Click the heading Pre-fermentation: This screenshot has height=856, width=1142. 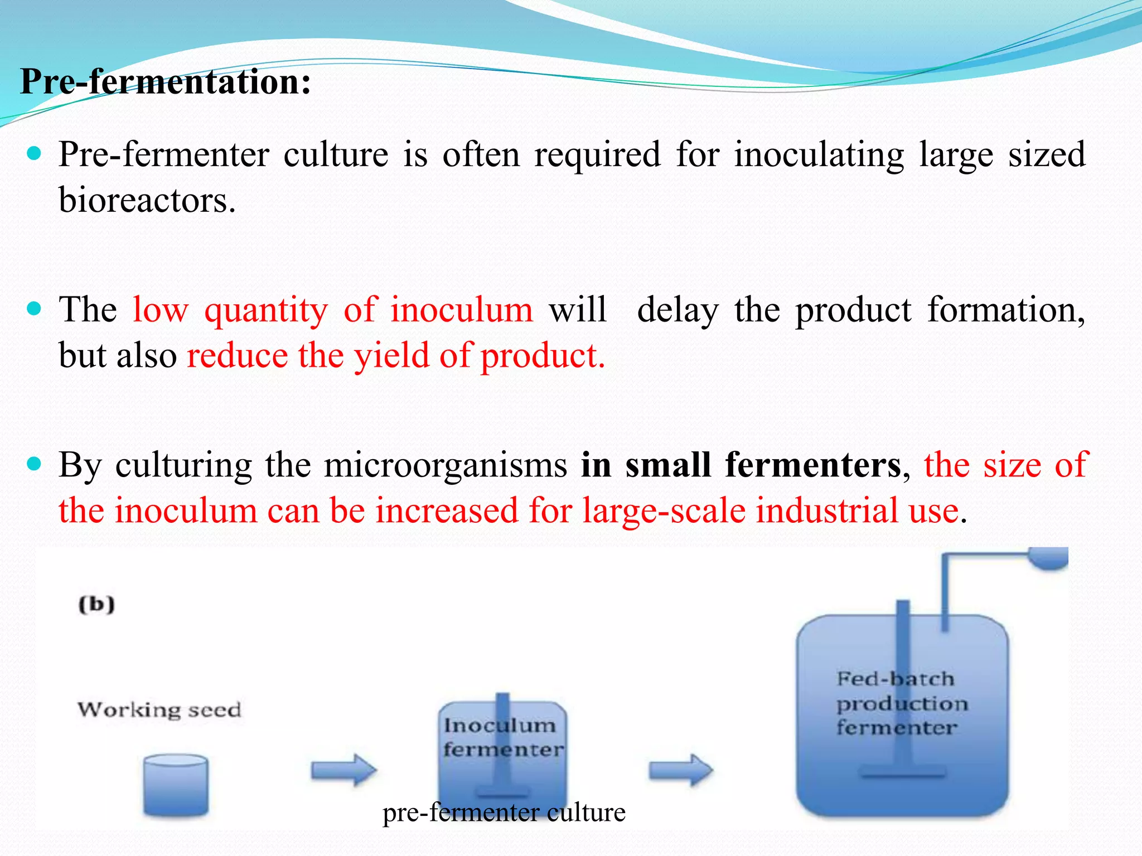point(165,82)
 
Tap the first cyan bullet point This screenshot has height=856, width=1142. point(35,153)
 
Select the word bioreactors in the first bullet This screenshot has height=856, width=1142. point(147,200)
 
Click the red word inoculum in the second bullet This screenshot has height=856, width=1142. point(461,310)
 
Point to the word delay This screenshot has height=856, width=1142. point(678,310)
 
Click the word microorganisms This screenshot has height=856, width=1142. point(446,465)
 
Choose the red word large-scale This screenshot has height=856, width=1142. point(664,510)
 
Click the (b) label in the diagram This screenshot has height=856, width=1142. point(96,604)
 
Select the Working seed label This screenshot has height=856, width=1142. point(159,709)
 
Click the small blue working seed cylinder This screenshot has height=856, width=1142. point(176,785)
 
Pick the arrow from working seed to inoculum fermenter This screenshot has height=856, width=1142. point(343,770)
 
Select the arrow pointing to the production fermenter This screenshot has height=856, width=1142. point(681,770)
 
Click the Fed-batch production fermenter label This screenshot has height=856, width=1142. point(902,703)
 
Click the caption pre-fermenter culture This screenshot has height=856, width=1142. point(504,813)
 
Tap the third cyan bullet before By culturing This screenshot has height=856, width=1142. point(35,464)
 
